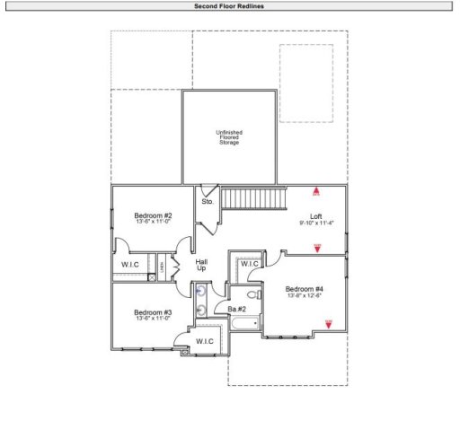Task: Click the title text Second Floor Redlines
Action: [229, 5]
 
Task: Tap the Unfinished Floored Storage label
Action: [228, 137]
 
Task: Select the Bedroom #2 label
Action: [153, 215]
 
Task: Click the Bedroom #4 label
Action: [305, 289]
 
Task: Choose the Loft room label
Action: [315, 216]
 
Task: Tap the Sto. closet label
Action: [208, 202]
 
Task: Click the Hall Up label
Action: [202, 266]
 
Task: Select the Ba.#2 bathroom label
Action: [237, 310]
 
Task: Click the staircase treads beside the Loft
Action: [253, 197]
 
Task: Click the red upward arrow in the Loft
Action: [316, 191]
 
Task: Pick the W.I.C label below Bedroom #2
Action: [131, 266]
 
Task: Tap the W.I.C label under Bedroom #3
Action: [204, 341]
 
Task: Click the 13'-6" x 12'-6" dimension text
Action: [305, 296]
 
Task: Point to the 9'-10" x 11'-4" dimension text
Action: [315, 223]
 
